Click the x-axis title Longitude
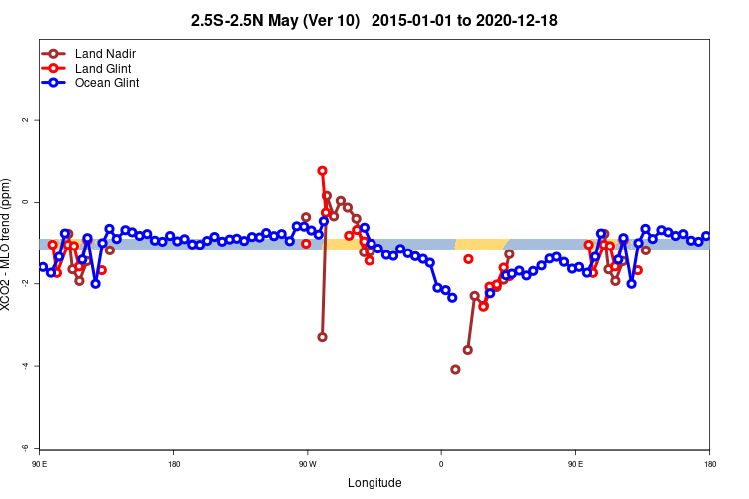click(374, 483)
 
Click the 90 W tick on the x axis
click(307, 464)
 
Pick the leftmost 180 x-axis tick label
click(174, 464)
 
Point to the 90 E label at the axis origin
click(40, 464)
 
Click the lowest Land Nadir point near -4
click(455, 370)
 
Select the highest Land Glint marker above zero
click(322, 171)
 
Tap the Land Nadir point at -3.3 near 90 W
click(322, 337)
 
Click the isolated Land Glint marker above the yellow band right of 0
click(468, 259)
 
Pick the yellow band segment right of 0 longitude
click(481, 245)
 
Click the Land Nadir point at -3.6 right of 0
click(467, 350)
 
